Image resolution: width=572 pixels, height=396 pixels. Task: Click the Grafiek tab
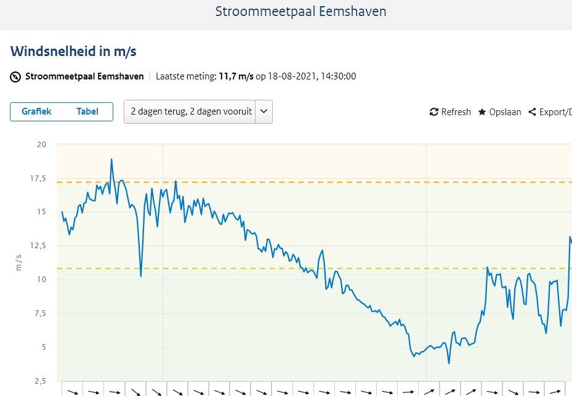(x=36, y=111)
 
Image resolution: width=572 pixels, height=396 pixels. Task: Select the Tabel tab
(x=87, y=111)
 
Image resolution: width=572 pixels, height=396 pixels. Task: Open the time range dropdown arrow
(x=264, y=111)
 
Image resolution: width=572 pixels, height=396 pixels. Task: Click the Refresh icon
(x=433, y=111)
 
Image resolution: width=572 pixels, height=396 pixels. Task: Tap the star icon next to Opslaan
(x=482, y=111)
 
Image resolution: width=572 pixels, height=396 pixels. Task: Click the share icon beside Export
(x=532, y=111)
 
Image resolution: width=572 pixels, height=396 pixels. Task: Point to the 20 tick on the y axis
(x=42, y=145)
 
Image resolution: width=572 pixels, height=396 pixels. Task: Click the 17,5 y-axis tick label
(x=38, y=179)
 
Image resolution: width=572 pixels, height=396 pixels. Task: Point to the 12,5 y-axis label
(x=38, y=246)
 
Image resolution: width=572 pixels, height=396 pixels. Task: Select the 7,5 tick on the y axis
(x=41, y=313)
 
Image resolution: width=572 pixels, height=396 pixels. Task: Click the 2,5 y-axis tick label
(x=41, y=381)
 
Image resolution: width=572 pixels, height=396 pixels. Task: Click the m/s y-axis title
(x=18, y=263)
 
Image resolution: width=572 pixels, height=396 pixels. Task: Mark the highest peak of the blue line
(x=111, y=159)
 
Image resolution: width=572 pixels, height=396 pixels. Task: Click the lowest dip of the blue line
(x=449, y=363)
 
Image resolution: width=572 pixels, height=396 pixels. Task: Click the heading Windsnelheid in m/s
(x=73, y=52)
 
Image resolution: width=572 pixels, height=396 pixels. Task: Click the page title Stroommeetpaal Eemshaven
(x=300, y=12)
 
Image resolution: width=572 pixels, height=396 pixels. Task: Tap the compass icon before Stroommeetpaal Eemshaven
(x=15, y=77)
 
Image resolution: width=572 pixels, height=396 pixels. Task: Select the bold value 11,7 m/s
(x=236, y=76)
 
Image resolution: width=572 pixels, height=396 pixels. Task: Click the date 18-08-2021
(x=292, y=76)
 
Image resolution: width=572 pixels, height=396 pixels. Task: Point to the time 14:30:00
(x=339, y=76)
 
